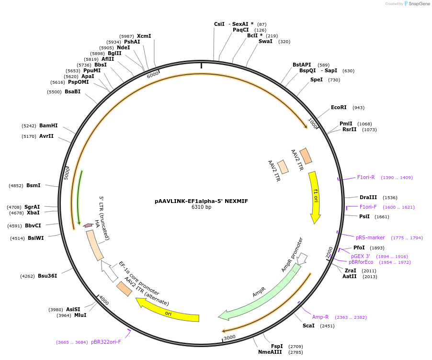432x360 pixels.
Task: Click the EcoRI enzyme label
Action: click(339, 108)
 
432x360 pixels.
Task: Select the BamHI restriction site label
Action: click(48, 126)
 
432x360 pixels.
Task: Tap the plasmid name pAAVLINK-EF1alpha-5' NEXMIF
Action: click(201, 201)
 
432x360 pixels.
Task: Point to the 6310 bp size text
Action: click(201, 207)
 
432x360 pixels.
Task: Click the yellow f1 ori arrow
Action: click(315, 196)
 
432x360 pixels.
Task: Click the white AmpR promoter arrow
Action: click(302, 259)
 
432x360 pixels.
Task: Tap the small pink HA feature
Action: click(88, 225)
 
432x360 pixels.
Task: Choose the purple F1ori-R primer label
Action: click(366, 178)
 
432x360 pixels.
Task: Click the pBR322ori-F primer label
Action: click(106, 342)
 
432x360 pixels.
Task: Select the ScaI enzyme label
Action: click(308, 326)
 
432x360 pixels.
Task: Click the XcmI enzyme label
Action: click(144, 36)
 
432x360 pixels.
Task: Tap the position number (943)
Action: click(358, 108)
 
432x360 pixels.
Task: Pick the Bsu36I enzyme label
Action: click(47, 276)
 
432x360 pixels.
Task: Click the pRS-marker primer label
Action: click(370, 237)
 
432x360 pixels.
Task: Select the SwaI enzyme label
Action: click(265, 42)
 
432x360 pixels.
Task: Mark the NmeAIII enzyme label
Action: click(271, 352)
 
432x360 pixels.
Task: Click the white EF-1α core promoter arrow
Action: click(109, 272)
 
